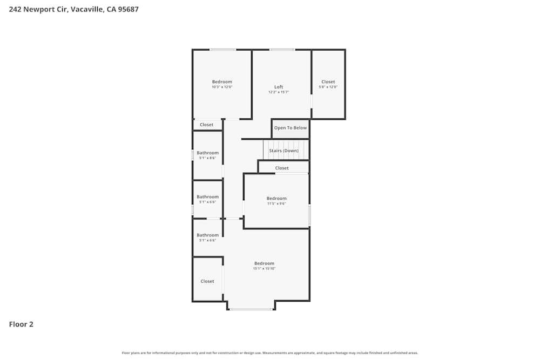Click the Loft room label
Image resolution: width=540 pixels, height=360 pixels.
[279, 87]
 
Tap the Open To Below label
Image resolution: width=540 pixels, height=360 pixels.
[291, 128]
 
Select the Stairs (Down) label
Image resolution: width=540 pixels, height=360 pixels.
[283, 151]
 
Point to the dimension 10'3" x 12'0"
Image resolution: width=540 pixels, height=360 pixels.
[222, 87]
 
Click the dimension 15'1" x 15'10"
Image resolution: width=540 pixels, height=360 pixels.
[265, 268]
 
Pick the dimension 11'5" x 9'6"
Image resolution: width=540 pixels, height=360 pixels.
[276, 203]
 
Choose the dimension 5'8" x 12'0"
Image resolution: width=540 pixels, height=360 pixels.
[328, 87]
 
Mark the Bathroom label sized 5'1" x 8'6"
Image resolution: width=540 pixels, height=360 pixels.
[207, 153]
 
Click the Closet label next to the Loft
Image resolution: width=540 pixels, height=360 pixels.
[328, 82]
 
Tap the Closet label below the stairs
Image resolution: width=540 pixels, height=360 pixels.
[282, 168]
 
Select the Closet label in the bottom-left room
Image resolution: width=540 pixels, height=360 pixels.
[207, 281]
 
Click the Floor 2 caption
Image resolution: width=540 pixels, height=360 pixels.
[21, 324]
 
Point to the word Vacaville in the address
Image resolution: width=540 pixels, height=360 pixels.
[86, 9]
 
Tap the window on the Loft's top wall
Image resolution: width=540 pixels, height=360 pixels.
[282, 50]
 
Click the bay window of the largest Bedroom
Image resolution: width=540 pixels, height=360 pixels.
[251, 309]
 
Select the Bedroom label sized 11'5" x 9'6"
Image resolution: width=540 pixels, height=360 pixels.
[276, 198]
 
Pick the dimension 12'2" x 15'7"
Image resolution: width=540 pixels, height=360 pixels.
[279, 92]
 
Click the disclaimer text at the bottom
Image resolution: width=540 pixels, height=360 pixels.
[270, 353]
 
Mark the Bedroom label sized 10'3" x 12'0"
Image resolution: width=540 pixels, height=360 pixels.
[222, 82]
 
